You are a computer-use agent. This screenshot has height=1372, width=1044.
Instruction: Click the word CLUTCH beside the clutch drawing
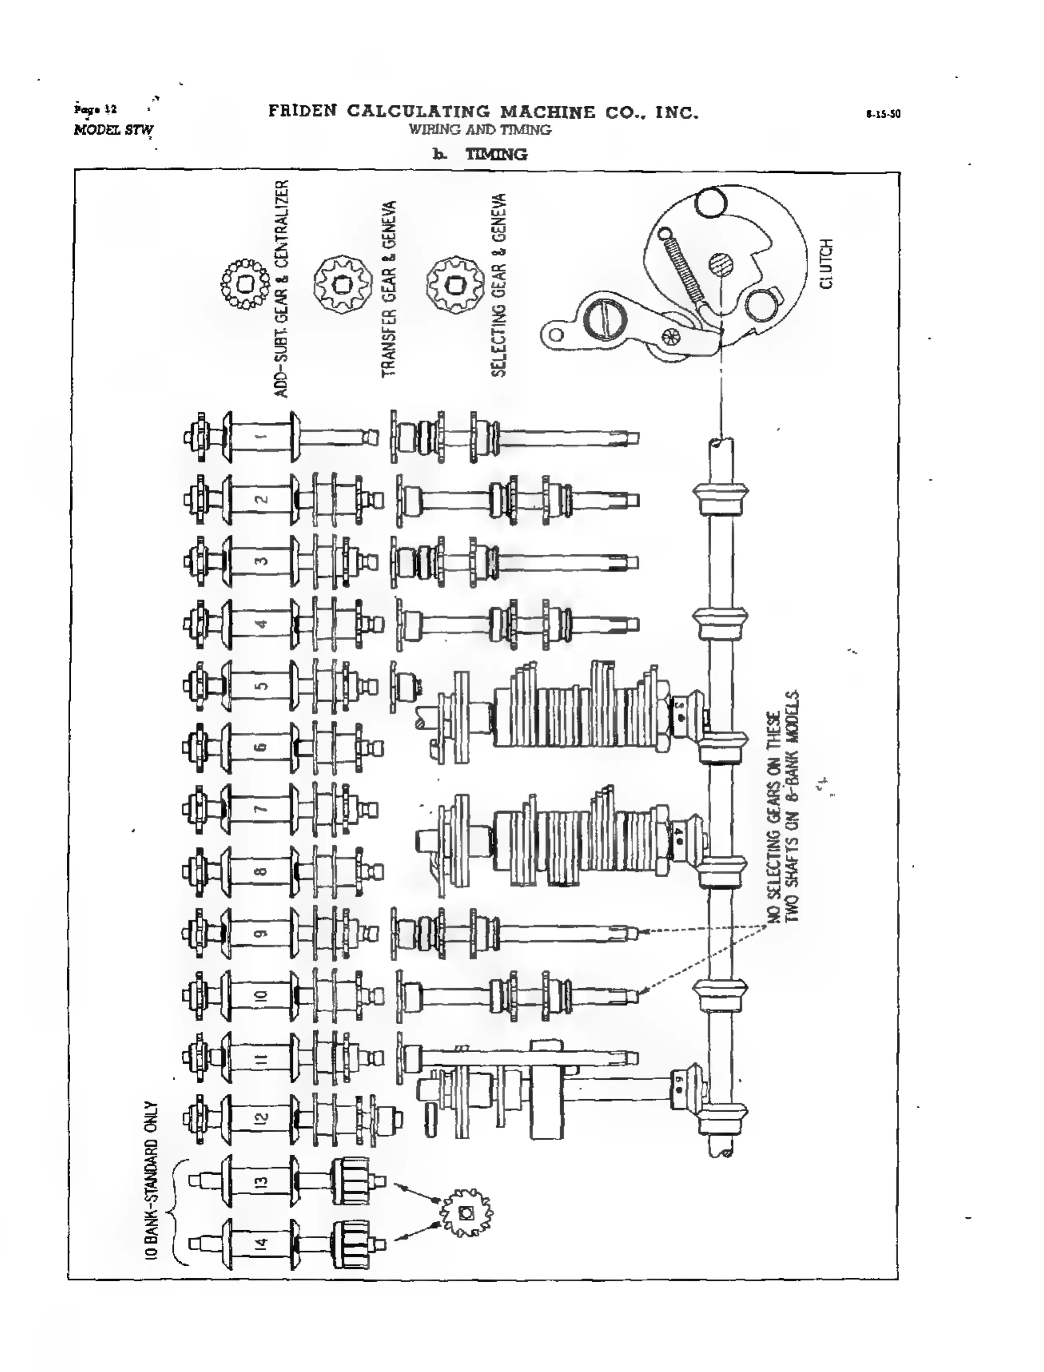(826, 264)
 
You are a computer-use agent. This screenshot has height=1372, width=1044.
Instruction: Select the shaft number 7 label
(262, 809)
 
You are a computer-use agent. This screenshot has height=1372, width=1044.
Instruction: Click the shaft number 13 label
(262, 1181)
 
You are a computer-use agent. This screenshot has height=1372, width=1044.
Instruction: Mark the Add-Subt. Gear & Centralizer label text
(282, 289)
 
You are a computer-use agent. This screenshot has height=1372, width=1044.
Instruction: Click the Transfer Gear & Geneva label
(388, 289)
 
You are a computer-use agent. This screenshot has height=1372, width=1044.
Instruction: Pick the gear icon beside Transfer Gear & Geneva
(342, 285)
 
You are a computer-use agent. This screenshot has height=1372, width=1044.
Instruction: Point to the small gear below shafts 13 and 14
(466, 1212)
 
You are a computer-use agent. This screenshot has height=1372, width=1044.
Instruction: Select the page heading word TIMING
(496, 154)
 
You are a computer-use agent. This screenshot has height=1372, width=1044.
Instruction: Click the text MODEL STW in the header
(114, 130)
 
